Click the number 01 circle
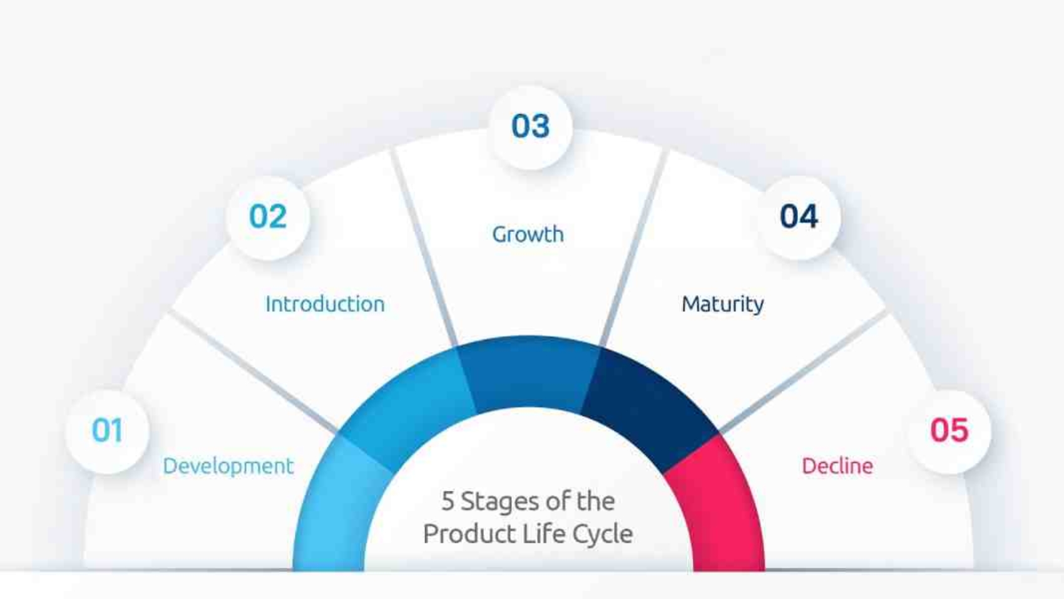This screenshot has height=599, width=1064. click(x=107, y=431)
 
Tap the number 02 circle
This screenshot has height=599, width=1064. click(x=268, y=217)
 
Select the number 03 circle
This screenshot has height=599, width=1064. click(x=530, y=127)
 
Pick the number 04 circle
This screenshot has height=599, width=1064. click(x=799, y=217)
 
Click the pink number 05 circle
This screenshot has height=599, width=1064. click(x=949, y=431)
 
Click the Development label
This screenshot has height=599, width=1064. click(x=228, y=466)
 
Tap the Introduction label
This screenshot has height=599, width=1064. click(x=325, y=305)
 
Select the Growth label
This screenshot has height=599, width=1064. click(x=528, y=234)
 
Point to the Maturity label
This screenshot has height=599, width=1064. click(x=722, y=305)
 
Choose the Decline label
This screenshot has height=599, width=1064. click(x=837, y=466)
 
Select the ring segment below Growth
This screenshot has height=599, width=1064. click(x=529, y=373)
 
